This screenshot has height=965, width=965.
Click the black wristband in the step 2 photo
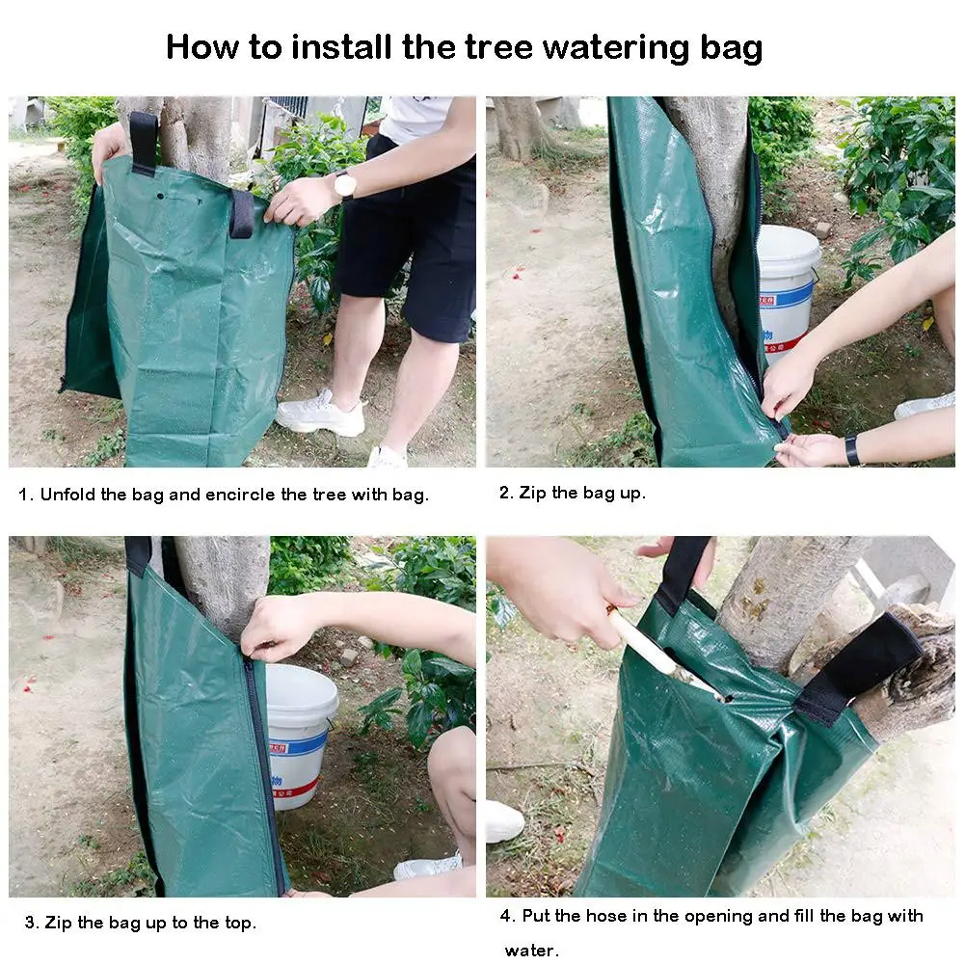pos(852,449)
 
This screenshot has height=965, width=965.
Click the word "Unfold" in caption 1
pos(67,495)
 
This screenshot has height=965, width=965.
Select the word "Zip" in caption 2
pos(532,493)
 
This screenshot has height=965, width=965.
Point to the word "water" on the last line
pos(529,951)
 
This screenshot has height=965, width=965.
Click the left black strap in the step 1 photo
pos(143,144)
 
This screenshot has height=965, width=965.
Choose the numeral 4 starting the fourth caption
pos(505,916)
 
